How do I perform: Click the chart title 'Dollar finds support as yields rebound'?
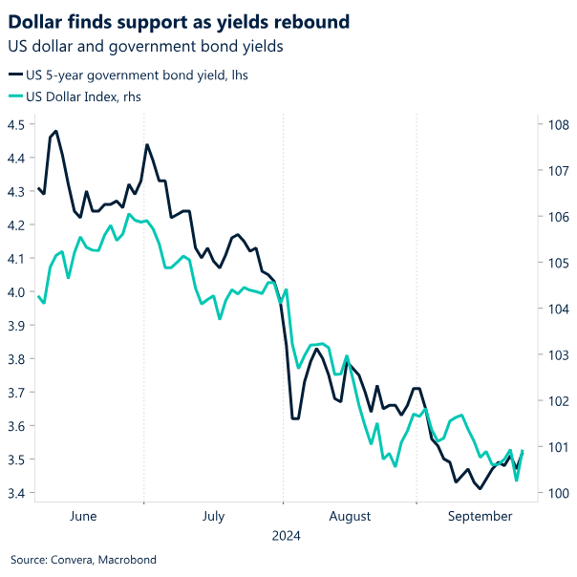179,21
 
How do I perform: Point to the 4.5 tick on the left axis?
16,124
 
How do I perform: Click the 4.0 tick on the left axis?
16,292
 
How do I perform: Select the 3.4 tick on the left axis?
16,494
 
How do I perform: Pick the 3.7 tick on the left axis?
16,393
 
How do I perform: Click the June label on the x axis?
84,517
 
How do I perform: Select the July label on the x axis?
213,517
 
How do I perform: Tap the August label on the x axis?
350,517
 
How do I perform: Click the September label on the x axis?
480,517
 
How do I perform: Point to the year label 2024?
286,537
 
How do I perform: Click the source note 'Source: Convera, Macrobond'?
83,560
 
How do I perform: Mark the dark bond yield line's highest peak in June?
56,131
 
